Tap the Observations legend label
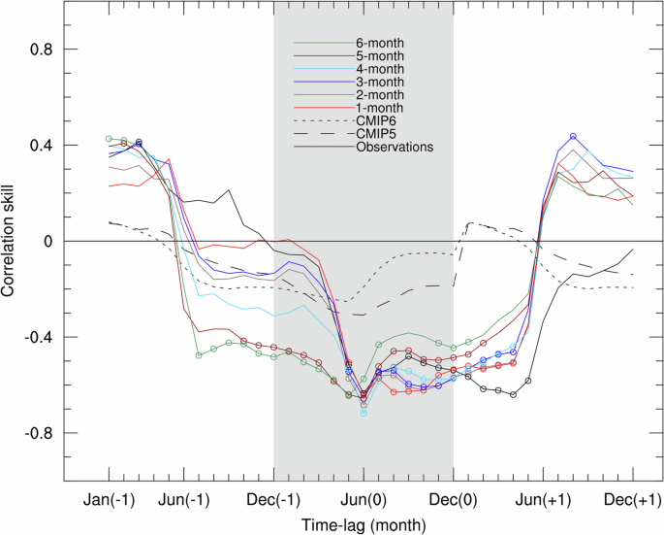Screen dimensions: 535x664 pos(394,148)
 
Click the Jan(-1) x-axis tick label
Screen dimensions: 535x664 pos(110,498)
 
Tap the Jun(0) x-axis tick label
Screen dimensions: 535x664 pos(364,498)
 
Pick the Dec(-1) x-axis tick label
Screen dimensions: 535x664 pos(274,498)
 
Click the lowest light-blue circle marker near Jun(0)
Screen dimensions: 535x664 pos(364,414)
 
